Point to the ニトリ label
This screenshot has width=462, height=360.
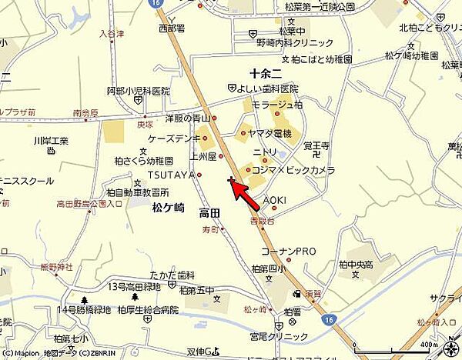coord(265,152)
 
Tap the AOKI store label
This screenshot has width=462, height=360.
coord(275,200)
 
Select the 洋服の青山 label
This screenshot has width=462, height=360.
coord(187,118)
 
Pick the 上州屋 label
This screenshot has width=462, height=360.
coord(203,156)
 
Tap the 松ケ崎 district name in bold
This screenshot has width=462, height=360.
coord(168,208)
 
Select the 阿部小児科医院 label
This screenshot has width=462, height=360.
coord(138,91)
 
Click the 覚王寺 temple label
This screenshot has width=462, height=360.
coord(316,145)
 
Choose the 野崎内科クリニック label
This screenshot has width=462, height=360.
coord(296,43)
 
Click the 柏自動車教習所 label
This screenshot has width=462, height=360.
coord(137,192)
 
